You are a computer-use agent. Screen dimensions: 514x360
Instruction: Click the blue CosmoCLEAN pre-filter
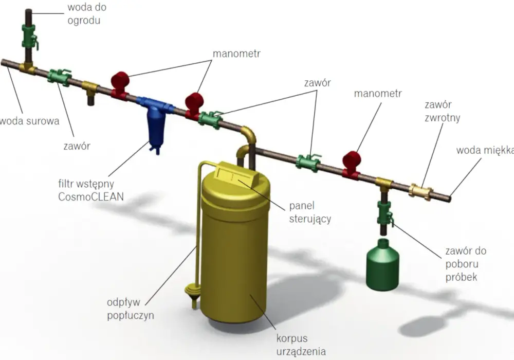pyautogui.click(x=154, y=121)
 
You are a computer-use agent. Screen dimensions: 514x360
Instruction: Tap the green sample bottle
pyautogui.click(x=382, y=265)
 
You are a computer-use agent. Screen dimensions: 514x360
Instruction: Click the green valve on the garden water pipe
pyautogui.click(x=29, y=37)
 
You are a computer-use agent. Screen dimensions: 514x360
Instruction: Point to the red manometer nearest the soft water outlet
pyautogui.click(x=352, y=164)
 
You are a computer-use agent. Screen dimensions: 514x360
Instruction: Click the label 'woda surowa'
pyautogui.click(x=29, y=121)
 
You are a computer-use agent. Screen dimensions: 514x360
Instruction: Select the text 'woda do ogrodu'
pyautogui.click(x=87, y=14)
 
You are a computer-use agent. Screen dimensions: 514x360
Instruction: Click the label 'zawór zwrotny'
pyautogui.click(x=442, y=111)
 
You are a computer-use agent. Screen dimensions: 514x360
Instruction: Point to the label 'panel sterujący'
pyautogui.click(x=310, y=212)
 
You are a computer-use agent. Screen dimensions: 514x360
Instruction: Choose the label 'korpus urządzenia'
pyautogui.click(x=301, y=345)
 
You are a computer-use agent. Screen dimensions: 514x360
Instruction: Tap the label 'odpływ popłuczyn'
pyautogui.click(x=130, y=309)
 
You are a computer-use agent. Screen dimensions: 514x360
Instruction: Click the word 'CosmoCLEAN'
pyautogui.click(x=91, y=196)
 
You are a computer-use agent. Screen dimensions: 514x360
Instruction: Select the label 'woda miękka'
pyautogui.click(x=485, y=150)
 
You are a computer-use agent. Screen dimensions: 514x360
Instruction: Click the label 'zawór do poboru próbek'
pyautogui.click(x=466, y=264)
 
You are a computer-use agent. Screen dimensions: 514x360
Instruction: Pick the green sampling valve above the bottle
pyautogui.click(x=384, y=213)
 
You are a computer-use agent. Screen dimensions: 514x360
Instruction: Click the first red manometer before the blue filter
pyautogui.click(x=120, y=84)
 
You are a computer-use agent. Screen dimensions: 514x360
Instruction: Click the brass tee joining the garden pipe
pyautogui.click(x=28, y=68)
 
